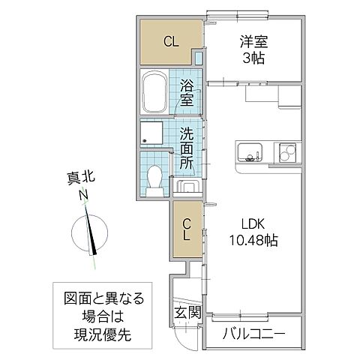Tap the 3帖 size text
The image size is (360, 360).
pos(253,59)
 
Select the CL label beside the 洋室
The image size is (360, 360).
pos(171,42)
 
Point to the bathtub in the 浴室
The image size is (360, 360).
pos(156,91)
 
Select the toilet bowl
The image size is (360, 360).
pos(155,179)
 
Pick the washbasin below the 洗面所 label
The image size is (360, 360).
pos(186,185)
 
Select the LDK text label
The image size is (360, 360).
pos(253,224)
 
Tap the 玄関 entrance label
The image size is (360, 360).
pos(187,313)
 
